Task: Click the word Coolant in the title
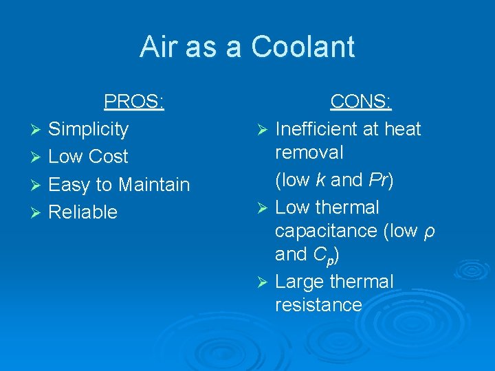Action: pos(302,47)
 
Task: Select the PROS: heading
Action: pos(134,102)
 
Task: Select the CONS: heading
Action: pos(361,102)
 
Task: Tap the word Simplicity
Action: pos(89,129)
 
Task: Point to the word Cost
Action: pos(108,157)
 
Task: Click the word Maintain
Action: pos(154,185)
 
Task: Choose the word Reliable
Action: pos(83,212)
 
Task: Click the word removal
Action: pos(309,152)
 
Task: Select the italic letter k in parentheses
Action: pos(320,180)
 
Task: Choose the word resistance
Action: pos(318,304)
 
